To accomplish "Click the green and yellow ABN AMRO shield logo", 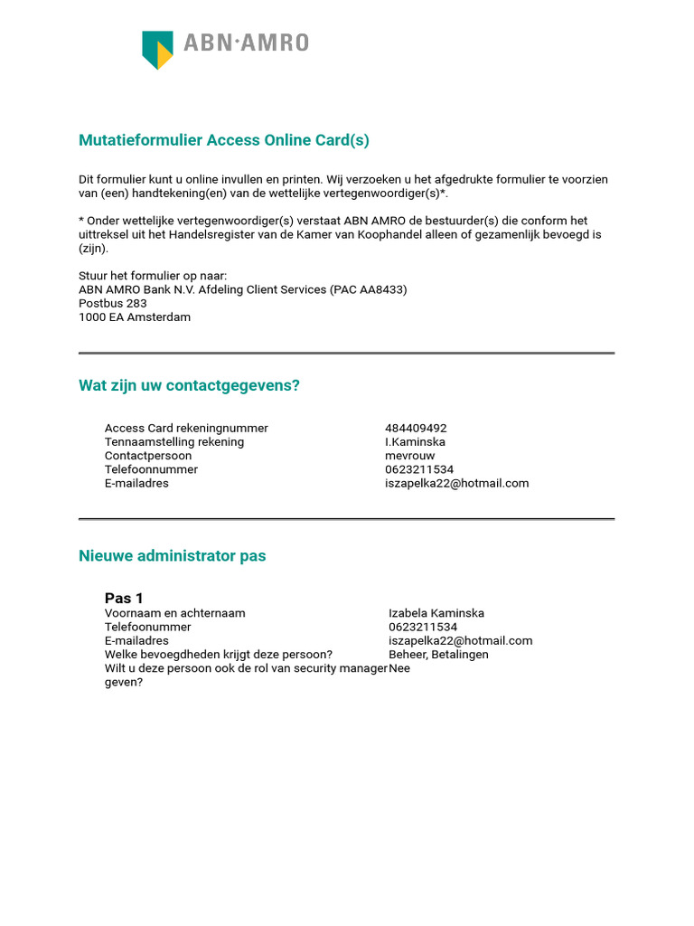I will [157, 50].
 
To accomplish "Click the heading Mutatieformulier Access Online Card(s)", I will [224, 140].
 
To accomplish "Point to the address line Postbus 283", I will [112, 304].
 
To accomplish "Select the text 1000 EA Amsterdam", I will [135, 317].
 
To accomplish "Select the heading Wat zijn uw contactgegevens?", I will [189, 386].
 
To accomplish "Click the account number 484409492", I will [416, 429].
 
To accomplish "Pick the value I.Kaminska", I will [415, 442].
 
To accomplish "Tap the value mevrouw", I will [409, 456].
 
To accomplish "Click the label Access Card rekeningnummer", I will [186, 429].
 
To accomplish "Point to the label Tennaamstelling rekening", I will [174, 442].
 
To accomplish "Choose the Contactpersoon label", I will [148, 456].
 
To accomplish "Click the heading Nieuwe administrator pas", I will [172, 556].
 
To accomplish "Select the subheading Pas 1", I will [124, 599].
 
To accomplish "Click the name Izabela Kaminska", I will [436, 613].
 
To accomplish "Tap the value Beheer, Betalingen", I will [438, 655].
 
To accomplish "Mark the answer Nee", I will [399, 668].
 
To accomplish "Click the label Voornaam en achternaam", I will [174, 613].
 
